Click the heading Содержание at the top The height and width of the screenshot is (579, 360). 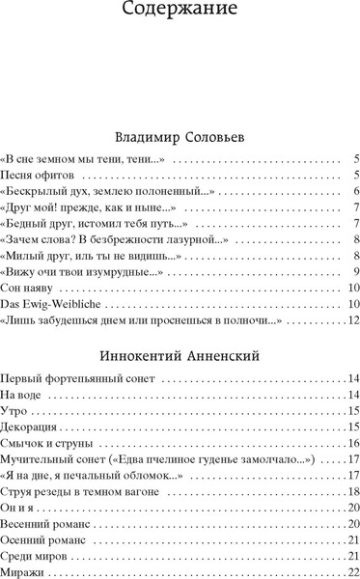180,13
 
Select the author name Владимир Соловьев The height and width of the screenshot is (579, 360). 180,137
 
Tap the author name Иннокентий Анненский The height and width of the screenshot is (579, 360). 180,355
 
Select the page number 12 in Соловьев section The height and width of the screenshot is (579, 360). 353,321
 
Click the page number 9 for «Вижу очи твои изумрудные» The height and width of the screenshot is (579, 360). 356,272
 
